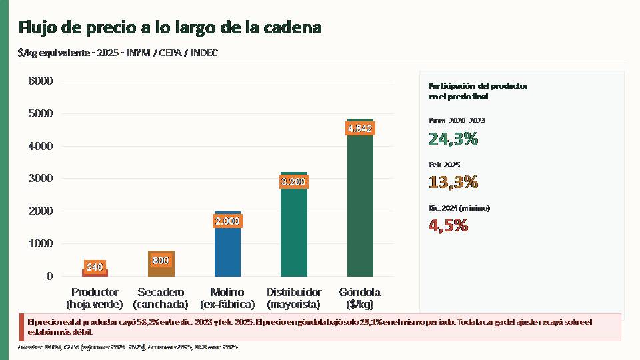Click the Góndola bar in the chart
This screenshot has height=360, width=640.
[x=360, y=207]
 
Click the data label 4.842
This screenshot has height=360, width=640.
[x=360, y=129]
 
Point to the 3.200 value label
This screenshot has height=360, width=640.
[x=293, y=181]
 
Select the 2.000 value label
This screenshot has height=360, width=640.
[x=227, y=221]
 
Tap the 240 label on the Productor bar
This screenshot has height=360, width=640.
[x=95, y=267]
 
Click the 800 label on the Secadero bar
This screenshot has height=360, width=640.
[x=161, y=261]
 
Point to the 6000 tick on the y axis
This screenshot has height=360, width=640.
[x=41, y=81]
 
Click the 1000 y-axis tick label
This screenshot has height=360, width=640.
[x=41, y=243]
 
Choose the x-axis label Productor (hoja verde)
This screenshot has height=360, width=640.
[x=95, y=298]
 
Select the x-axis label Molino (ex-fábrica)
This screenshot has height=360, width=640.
[x=227, y=298]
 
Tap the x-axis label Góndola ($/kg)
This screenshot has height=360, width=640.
[x=360, y=298]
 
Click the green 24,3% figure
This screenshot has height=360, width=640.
[x=453, y=139]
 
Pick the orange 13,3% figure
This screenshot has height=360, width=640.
[x=453, y=182]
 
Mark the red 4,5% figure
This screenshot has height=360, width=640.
[x=448, y=225]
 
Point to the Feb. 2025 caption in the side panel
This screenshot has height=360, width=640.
[x=444, y=165]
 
